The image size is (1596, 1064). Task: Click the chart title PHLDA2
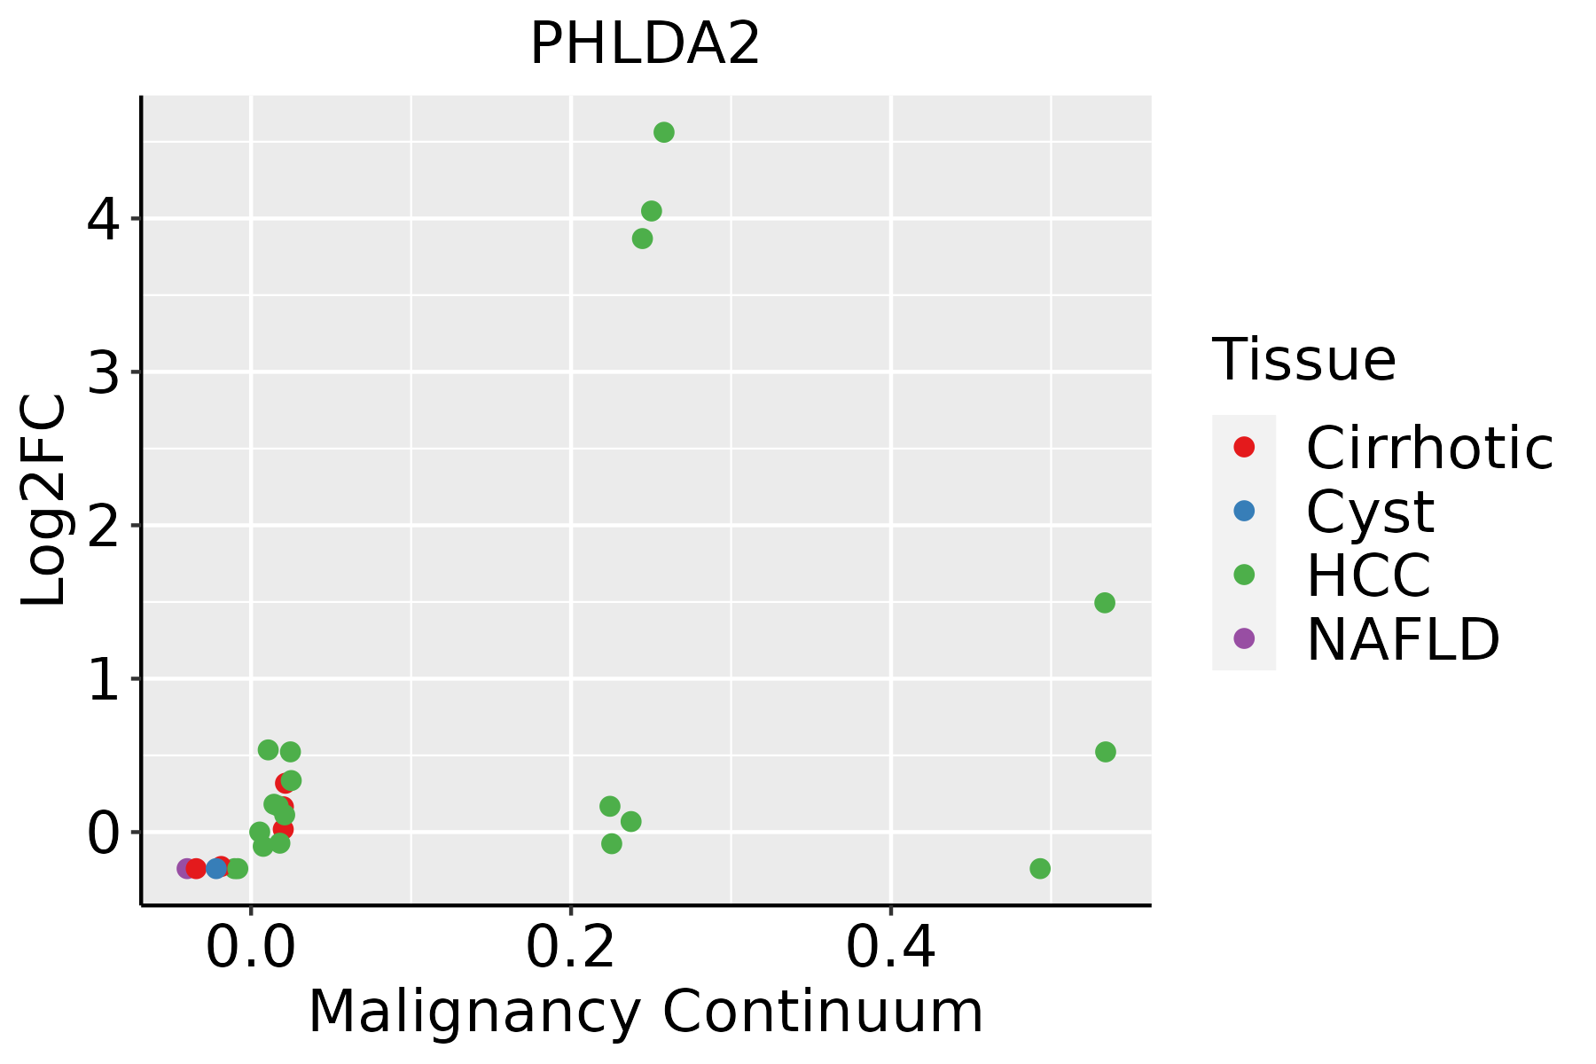(645, 44)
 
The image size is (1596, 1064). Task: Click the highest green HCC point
(663, 133)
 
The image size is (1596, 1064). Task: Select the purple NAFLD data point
(186, 868)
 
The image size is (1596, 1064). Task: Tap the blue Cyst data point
(216, 868)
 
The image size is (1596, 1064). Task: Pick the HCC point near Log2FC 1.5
(1104, 603)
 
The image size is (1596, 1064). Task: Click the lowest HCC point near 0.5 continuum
(1040, 868)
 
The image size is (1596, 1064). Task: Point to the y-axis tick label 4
(103, 219)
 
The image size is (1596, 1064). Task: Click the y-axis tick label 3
(103, 372)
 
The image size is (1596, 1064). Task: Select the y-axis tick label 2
(103, 526)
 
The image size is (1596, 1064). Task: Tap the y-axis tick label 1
(103, 679)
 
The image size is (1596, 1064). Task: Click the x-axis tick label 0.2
(570, 949)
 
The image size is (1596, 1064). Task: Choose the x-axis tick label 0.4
(890, 949)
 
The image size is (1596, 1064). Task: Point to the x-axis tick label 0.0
(251, 949)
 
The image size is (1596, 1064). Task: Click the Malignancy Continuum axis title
(645, 1011)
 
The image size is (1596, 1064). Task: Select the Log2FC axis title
(44, 501)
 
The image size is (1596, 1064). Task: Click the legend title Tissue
(1303, 360)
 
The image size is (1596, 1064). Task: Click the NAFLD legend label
(1403, 638)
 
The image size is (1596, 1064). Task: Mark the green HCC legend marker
(1244, 575)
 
